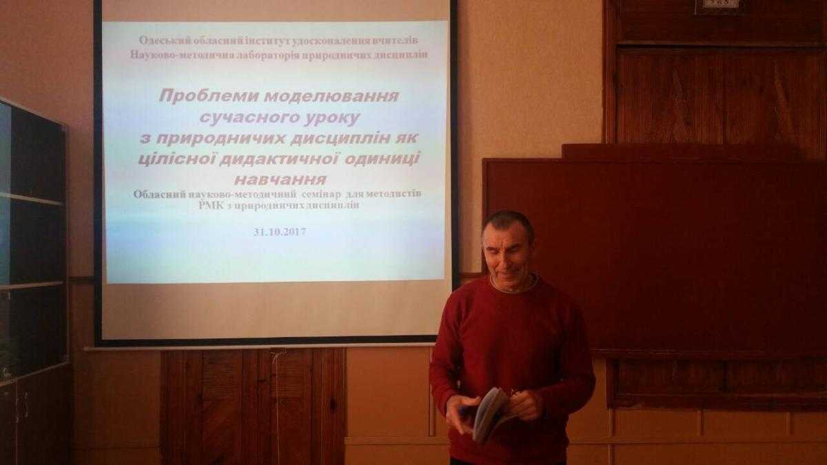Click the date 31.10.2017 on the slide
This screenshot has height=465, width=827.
280,231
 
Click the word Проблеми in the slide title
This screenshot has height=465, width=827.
209,96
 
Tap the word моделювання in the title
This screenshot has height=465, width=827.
332,96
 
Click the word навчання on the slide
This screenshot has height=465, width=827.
280,180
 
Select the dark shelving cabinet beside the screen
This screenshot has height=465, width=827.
33,280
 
